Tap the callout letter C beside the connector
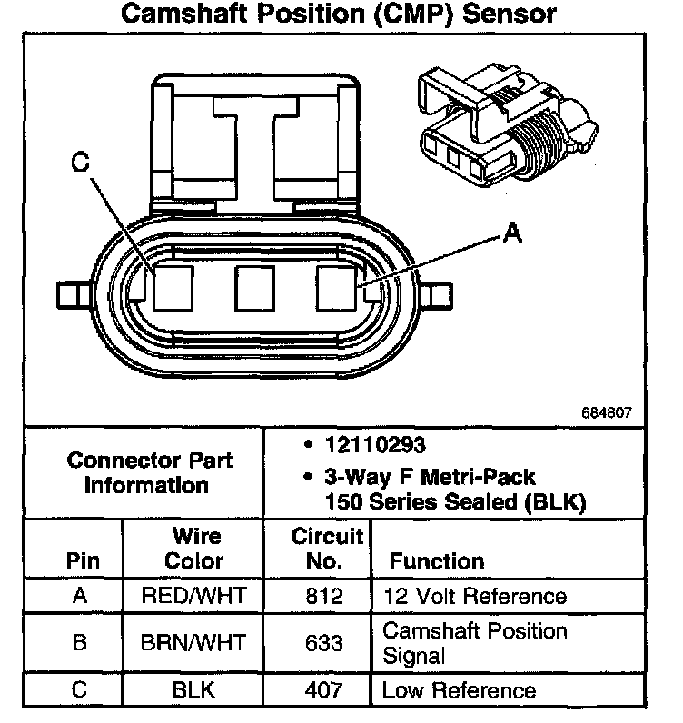pyautogui.click(x=81, y=164)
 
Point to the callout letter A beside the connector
pyautogui.click(x=511, y=235)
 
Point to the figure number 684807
pyautogui.click(x=607, y=411)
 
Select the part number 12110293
pyautogui.click(x=374, y=446)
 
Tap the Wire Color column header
pyautogui.click(x=194, y=548)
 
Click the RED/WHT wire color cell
pyautogui.click(x=194, y=597)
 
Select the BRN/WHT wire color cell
pyautogui.click(x=194, y=643)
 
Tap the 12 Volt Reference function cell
pyautogui.click(x=474, y=597)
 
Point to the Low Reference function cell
pyautogui.click(x=459, y=691)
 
